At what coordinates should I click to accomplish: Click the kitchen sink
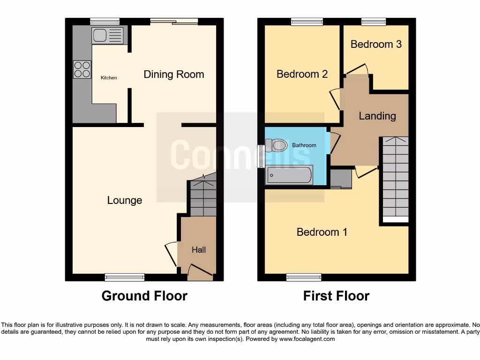(108, 36)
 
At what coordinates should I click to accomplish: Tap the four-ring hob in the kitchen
(82, 69)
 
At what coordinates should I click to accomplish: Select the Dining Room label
(173, 74)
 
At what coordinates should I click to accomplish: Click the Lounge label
(124, 200)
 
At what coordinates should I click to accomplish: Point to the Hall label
(198, 250)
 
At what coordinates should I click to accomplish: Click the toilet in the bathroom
(277, 146)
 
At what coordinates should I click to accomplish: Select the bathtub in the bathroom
(289, 175)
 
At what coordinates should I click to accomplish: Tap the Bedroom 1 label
(322, 232)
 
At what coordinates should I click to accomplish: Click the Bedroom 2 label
(302, 74)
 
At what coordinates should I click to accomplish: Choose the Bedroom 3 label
(376, 44)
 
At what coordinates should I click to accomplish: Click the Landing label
(377, 116)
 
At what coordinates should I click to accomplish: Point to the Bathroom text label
(304, 145)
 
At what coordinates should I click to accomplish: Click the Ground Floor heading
(144, 296)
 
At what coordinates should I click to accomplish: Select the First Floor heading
(336, 296)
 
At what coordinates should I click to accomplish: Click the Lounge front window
(125, 277)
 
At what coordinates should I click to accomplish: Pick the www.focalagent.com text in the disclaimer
(307, 339)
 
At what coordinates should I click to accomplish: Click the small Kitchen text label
(109, 78)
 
